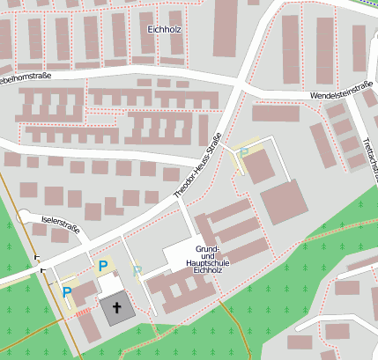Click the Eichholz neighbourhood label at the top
pyautogui.click(x=164, y=29)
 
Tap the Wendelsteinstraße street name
pyautogui.click(x=342, y=90)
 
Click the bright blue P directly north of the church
pyautogui.click(x=103, y=265)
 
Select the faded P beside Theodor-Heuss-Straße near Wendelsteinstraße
pyautogui.click(x=244, y=153)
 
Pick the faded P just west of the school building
pyautogui.click(x=137, y=272)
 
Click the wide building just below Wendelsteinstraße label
pyautogui.click(x=276, y=113)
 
